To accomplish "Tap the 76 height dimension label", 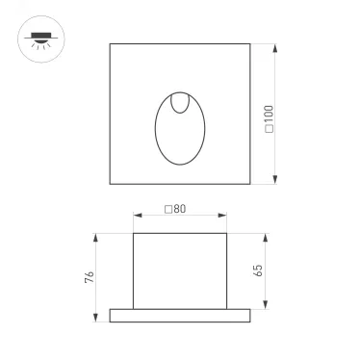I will (89, 277).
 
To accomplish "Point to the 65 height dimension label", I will (259, 270).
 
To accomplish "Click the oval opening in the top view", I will (180, 131).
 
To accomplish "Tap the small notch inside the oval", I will (180, 103).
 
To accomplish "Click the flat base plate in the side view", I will (180, 315).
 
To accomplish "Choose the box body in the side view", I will (180, 270).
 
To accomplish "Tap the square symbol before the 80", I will (168, 209).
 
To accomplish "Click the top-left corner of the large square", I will (110, 43).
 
